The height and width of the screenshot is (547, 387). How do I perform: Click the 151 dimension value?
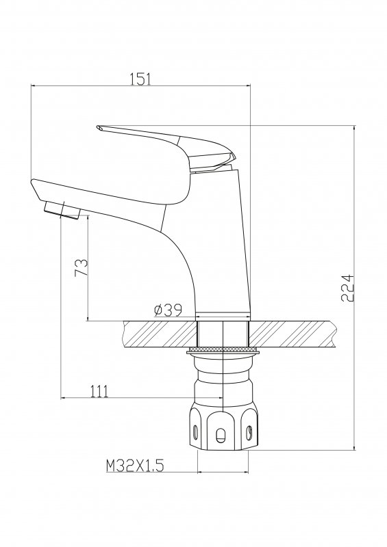pyautogui.click(x=140, y=79)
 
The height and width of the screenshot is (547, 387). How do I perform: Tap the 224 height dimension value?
pyautogui.click(x=348, y=288)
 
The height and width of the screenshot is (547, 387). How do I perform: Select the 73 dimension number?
pyautogui.click(x=81, y=267)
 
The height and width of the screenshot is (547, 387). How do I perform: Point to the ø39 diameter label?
pyautogui.click(x=168, y=310)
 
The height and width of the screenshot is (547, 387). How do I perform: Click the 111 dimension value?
pyautogui.click(x=99, y=391)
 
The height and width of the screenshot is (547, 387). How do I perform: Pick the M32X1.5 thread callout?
pyautogui.click(x=135, y=466)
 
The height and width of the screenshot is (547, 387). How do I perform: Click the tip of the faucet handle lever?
pyautogui.click(x=98, y=127)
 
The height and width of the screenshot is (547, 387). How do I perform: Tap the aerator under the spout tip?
pyautogui.click(x=62, y=210)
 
